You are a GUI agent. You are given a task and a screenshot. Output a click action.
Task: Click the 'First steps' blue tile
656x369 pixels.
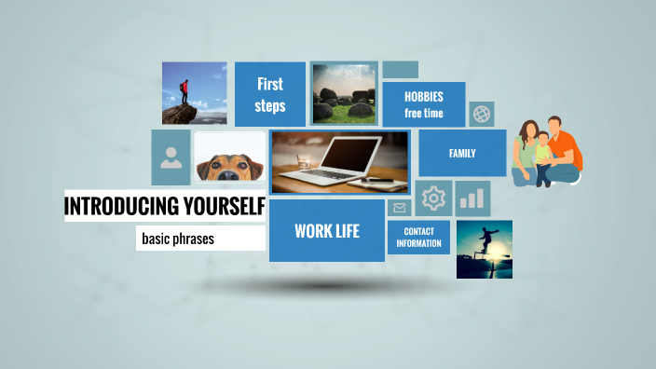coord(270,94)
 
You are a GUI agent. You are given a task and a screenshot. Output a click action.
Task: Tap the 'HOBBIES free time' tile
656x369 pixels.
coord(424,104)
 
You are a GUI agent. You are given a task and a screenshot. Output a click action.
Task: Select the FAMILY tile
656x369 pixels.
coord(462,153)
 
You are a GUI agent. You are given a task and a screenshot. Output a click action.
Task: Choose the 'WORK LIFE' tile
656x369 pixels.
coord(327,230)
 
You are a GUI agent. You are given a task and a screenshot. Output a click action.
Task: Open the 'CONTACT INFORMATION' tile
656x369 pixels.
coord(418,237)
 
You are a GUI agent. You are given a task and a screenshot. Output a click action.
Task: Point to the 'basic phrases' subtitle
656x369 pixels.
coord(178,239)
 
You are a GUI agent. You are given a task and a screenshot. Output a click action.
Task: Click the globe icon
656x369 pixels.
coord(482,114)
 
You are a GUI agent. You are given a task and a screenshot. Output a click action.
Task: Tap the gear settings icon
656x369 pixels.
coord(433,198)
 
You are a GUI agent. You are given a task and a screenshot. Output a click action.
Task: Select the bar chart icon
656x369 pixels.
coord(473,198)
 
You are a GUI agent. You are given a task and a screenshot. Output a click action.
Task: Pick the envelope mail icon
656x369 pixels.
coord(400,208)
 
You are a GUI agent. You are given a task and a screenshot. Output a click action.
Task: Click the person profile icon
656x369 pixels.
coord(171,157)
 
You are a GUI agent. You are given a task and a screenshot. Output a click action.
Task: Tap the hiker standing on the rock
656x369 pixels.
coord(184,92)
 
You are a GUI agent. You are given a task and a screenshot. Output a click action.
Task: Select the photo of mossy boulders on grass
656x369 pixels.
coord(343,93)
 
